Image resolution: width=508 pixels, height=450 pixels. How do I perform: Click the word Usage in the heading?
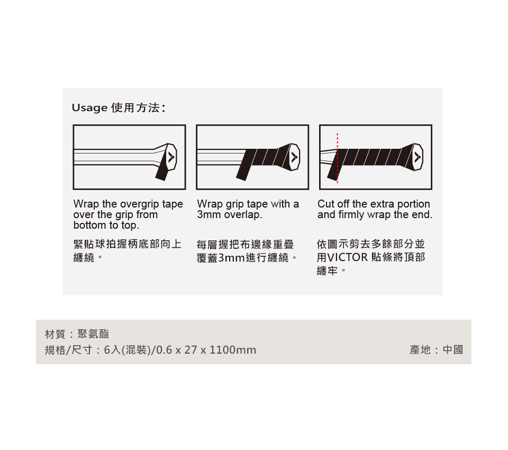click(x=89, y=108)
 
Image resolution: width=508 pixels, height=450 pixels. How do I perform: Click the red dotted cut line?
click(x=337, y=158)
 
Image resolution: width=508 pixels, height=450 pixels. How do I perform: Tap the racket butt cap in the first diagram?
click(x=171, y=157)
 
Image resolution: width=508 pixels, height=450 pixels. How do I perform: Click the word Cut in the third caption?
click(x=325, y=204)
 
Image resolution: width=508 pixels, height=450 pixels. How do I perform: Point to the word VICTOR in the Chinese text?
click(x=348, y=257)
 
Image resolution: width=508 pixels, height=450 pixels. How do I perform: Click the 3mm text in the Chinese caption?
click(x=231, y=258)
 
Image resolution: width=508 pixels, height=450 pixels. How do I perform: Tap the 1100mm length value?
click(x=233, y=350)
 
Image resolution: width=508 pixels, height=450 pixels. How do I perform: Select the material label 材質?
click(x=55, y=334)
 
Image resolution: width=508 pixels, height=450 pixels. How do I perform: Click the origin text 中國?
click(x=453, y=350)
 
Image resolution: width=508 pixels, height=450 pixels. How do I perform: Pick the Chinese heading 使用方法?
click(x=135, y=107)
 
